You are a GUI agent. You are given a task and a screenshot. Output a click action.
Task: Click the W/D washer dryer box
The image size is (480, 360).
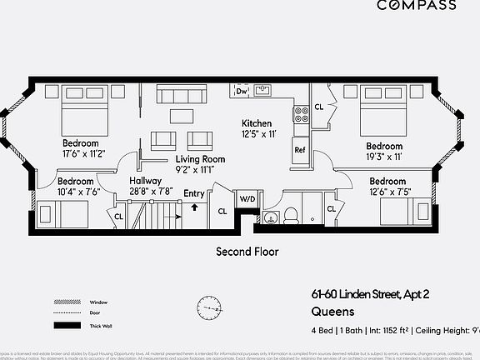pyautogui.click(x=247, y=200)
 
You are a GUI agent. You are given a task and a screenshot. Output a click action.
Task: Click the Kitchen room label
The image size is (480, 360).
pyautogui.click(x=257, y=122)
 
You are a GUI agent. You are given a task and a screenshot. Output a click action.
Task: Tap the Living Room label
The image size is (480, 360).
pyautogui.click(x=200, y=158)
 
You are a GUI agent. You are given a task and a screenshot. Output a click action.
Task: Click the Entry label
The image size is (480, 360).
pyautogui.click(x=194, y=194)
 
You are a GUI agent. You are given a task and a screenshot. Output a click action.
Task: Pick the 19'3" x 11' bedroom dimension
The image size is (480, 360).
pyautogui.click(x=384, y=156)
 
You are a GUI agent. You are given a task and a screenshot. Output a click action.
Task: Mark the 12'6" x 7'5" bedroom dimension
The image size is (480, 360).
pyautogui.click(x=389, y=192)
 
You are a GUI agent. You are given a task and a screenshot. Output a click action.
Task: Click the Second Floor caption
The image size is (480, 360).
pyautogui.click(x=247, y=251)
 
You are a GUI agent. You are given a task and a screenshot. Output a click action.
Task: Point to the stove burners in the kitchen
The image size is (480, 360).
pyautogui.click(x=301, y=112)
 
